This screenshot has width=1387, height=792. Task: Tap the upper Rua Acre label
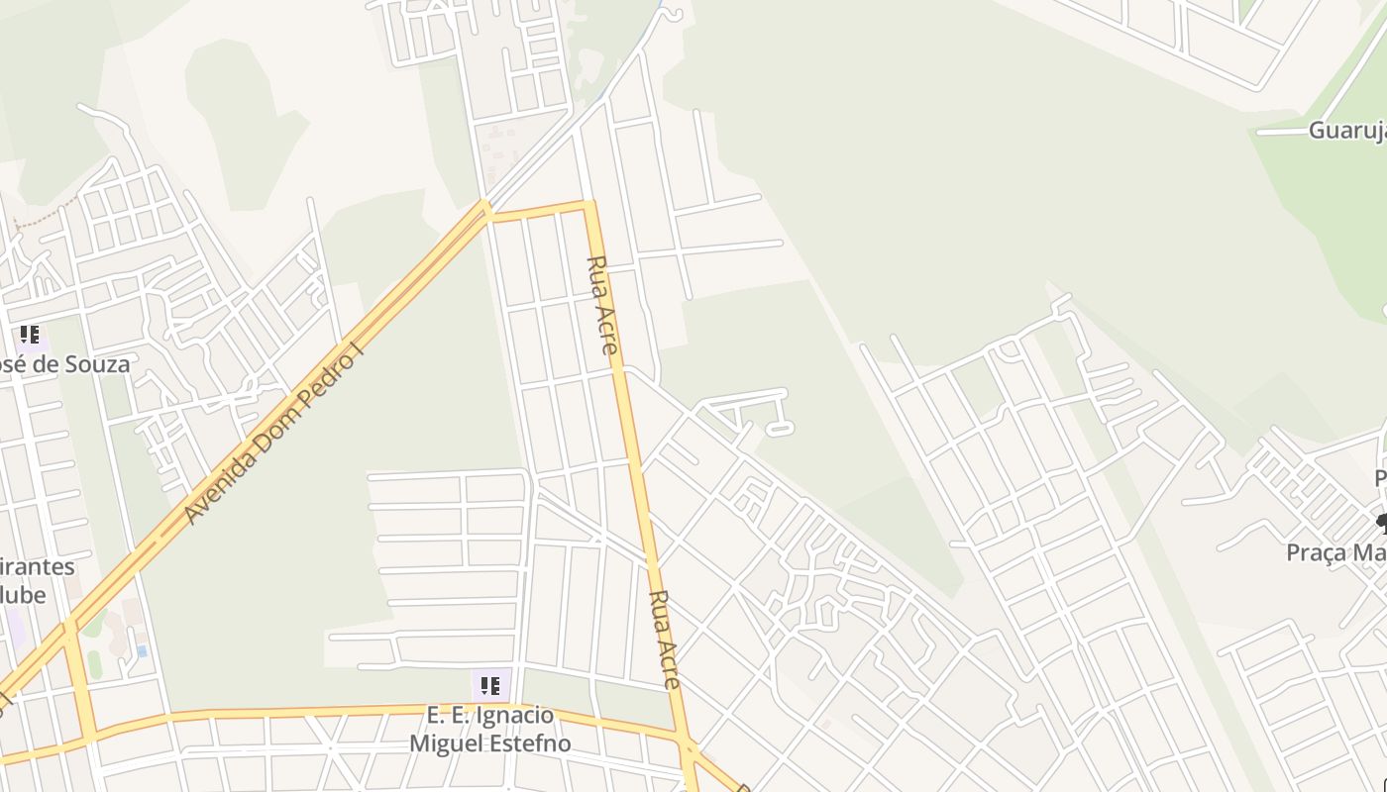click(602, 305)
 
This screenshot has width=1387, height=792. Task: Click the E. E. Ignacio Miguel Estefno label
click(490, 730)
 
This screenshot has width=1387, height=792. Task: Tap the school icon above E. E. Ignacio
click(490, 685)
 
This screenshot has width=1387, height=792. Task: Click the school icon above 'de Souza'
click(30, 336)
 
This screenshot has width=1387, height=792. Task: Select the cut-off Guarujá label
click(1347, 131)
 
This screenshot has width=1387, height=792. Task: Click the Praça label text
click(1335, 552)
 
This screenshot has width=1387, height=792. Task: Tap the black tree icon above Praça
click(1382, 522)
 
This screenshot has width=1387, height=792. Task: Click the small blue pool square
click(142, 650)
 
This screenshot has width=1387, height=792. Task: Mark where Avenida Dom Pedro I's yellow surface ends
click(485, 208)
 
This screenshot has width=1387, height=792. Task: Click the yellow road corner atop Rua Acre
click(589, 206)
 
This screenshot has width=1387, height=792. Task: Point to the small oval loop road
click(780, 429)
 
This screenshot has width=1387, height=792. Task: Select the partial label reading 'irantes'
click(38, 567)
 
